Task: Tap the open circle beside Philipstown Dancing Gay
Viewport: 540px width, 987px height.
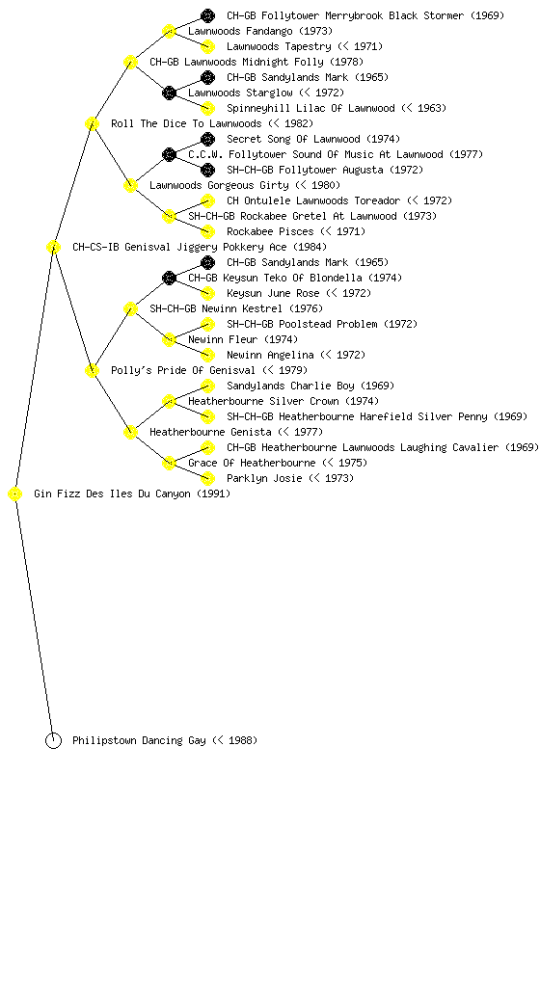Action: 53,741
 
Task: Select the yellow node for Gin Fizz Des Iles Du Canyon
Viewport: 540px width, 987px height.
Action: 15,494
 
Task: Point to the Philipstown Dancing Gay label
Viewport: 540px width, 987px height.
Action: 165,741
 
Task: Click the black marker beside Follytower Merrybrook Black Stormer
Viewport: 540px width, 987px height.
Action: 207,15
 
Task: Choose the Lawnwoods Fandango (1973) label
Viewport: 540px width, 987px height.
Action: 260,31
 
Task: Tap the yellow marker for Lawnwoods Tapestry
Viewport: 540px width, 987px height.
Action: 207,46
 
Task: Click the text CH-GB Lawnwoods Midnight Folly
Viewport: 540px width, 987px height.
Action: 236,62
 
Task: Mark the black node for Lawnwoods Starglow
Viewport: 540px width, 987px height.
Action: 169,93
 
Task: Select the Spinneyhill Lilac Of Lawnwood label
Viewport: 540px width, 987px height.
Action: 310,108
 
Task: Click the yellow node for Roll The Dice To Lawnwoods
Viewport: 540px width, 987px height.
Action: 92,124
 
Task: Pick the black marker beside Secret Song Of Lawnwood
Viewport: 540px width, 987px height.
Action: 207,139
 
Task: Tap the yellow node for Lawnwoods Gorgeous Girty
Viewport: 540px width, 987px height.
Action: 130,186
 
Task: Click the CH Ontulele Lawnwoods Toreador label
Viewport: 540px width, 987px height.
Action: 313,200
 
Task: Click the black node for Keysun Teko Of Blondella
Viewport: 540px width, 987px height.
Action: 169,279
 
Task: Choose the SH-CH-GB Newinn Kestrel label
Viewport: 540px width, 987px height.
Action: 236,309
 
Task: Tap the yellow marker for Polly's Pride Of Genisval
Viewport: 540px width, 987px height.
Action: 92,371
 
